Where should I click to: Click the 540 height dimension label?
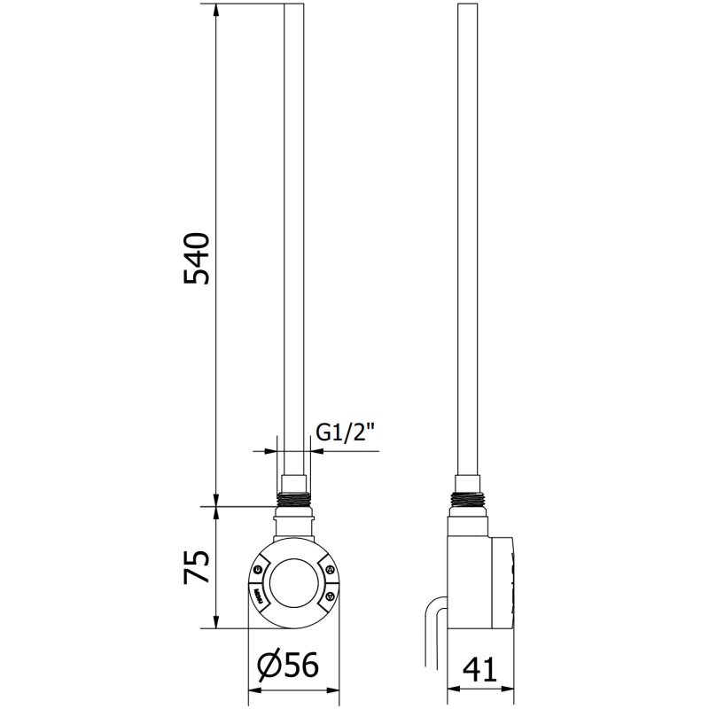coord(196,258)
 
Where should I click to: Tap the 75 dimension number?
coord(196,567)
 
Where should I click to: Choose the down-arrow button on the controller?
coord(329,596)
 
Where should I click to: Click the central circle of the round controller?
coord(294,582)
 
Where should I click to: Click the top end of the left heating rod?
coord(294,9)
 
